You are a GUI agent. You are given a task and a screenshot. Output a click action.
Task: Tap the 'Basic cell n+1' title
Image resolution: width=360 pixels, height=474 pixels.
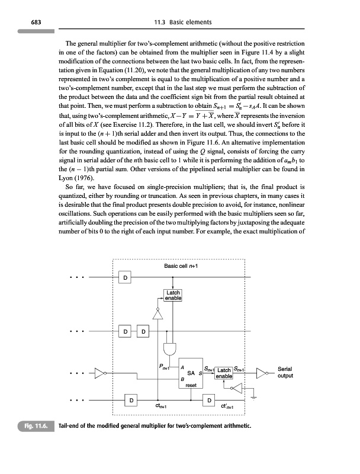(180, 266)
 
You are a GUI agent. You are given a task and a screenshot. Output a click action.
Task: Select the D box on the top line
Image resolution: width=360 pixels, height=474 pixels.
(126, 278)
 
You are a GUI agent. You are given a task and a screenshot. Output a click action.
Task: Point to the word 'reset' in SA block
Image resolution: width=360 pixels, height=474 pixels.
(190, 385)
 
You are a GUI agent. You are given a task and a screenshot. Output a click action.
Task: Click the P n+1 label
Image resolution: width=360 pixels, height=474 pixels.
(165, 367)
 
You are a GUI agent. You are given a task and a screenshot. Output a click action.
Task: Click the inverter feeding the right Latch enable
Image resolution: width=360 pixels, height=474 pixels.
(235, 388)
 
